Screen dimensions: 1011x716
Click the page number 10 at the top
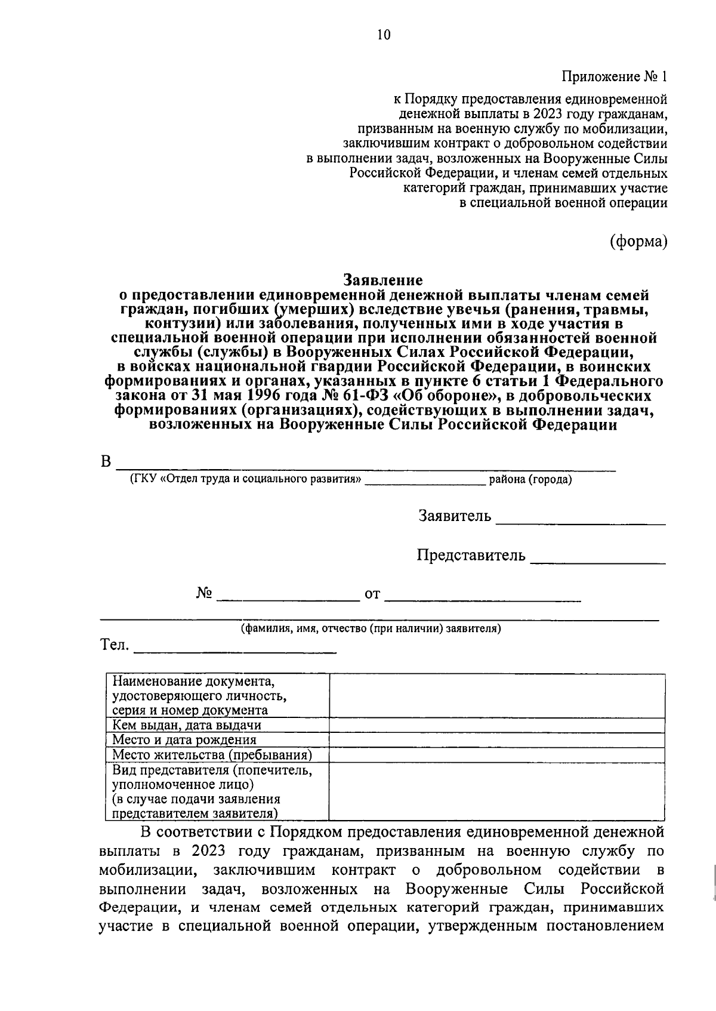pyautogui.click(x=383, y=35)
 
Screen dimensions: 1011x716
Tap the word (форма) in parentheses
pyautogui.click(x=638, y=241)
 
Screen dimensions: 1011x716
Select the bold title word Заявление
pyautogui.click(x=383, y=280)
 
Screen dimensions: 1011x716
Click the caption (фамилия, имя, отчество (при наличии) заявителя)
pyautogui.click(x=371, y=628)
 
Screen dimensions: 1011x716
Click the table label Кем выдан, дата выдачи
pyautogui.click(x=187, y=725)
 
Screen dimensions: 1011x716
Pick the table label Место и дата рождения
pyautogui.click(x=184, y=740)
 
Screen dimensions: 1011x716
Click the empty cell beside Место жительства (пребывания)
pyautogui.click(x=497, y=755)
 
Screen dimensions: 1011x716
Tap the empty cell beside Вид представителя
pyautogui.click(x=497, y=791)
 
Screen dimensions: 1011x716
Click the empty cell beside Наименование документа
pyautogui.click(x=497, y=695)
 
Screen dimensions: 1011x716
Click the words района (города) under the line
pyautogui.click(x=530, y=480)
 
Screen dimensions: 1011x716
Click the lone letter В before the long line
pyautogui.click(x=106, y=462)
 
